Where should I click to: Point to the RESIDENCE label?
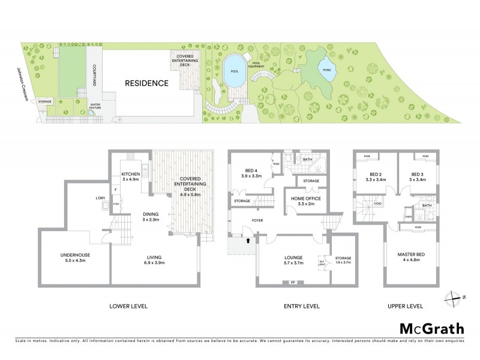pos(146,83)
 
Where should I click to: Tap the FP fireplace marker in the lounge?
pos(292,282)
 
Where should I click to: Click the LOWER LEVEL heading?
pos(128,306)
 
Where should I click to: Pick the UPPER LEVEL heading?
pos(407,306)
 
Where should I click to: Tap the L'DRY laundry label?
pos(101,198)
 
